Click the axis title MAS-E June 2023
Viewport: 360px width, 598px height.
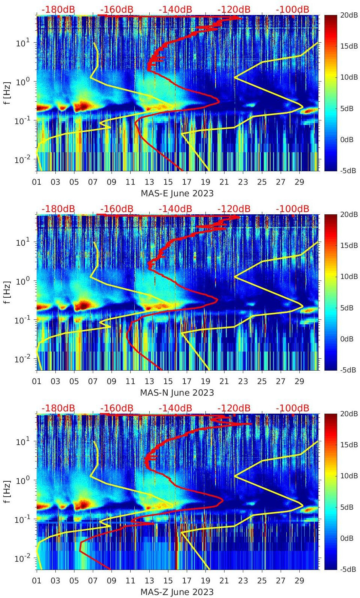177,193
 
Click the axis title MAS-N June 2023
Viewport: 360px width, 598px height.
177,393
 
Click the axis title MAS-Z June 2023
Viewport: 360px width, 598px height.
177,592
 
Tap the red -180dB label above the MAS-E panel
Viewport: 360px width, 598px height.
58,9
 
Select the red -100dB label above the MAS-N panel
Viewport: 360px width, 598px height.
292,209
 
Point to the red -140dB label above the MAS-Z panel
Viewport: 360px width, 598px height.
175,408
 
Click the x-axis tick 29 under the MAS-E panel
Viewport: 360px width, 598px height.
299,182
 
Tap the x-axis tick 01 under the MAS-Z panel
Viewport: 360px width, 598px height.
37,581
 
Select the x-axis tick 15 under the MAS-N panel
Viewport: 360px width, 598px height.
168,381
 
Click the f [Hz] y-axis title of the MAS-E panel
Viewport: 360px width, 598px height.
8,93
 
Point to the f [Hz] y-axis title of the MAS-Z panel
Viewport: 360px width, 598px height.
8,491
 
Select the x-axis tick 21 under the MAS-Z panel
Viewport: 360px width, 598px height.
224,581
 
